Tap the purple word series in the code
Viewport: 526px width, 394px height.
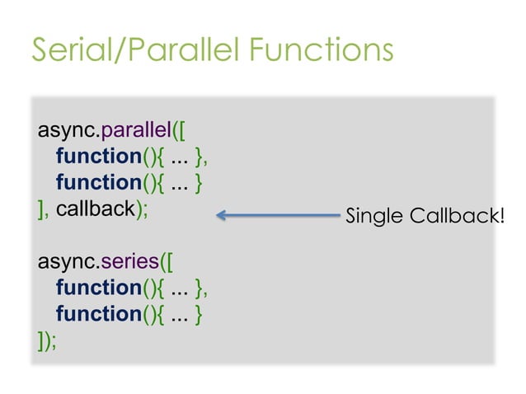click(x=125, y=262)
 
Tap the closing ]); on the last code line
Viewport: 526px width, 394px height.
click(x=47, y=340)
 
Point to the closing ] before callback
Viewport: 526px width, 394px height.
click(x=41, y=209)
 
